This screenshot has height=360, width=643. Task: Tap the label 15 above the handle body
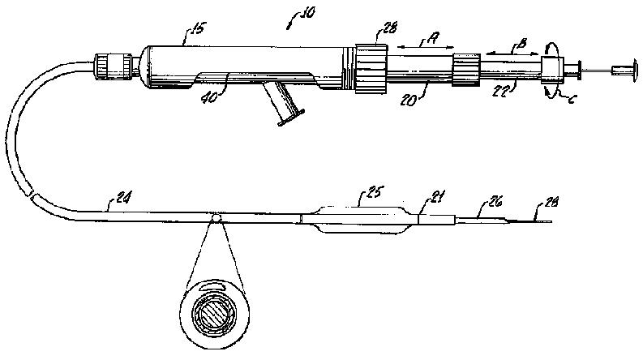coord(195,32)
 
